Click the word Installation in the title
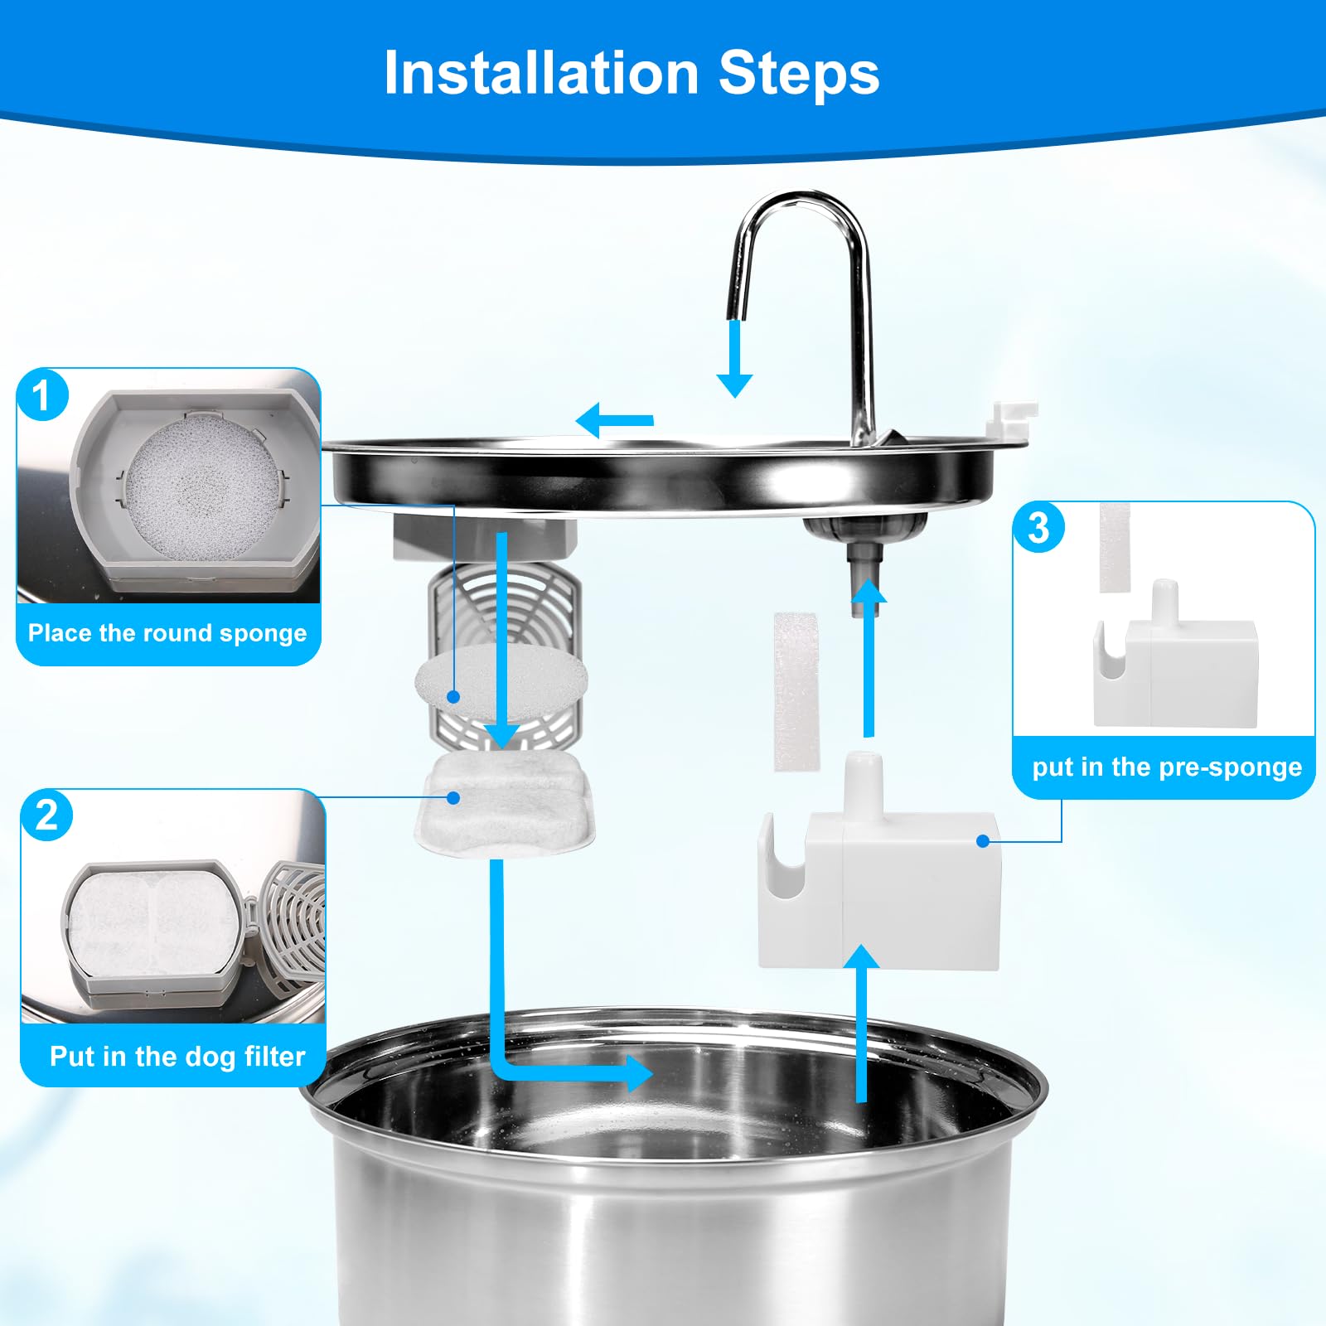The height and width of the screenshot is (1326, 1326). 541,73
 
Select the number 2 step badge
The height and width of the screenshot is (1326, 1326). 47,815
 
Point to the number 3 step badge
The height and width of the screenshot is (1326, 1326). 1039,528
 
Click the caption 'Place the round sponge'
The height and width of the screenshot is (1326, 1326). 167,633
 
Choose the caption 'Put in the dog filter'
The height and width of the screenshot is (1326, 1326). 177,1056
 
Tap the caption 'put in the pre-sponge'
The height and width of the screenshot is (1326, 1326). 1166,767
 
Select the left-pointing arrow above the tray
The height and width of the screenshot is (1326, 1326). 613,421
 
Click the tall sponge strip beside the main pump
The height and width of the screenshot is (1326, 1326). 796,692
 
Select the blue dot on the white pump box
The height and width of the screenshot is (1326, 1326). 983,841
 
